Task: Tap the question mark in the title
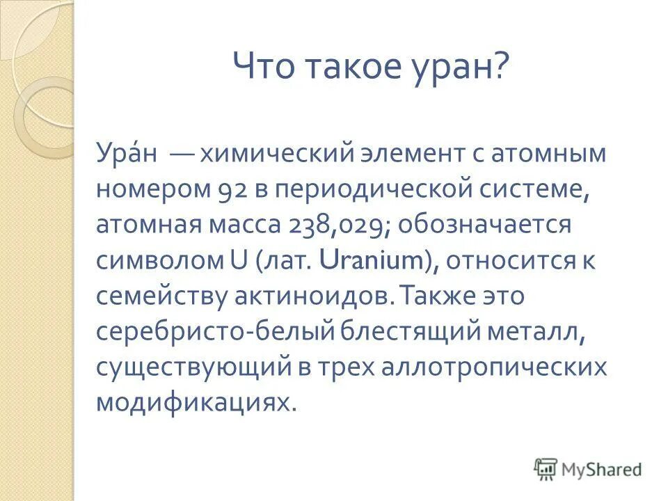(x=502, y=69)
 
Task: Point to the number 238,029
(x=322, y=225)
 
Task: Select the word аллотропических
(x=494, y=369)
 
